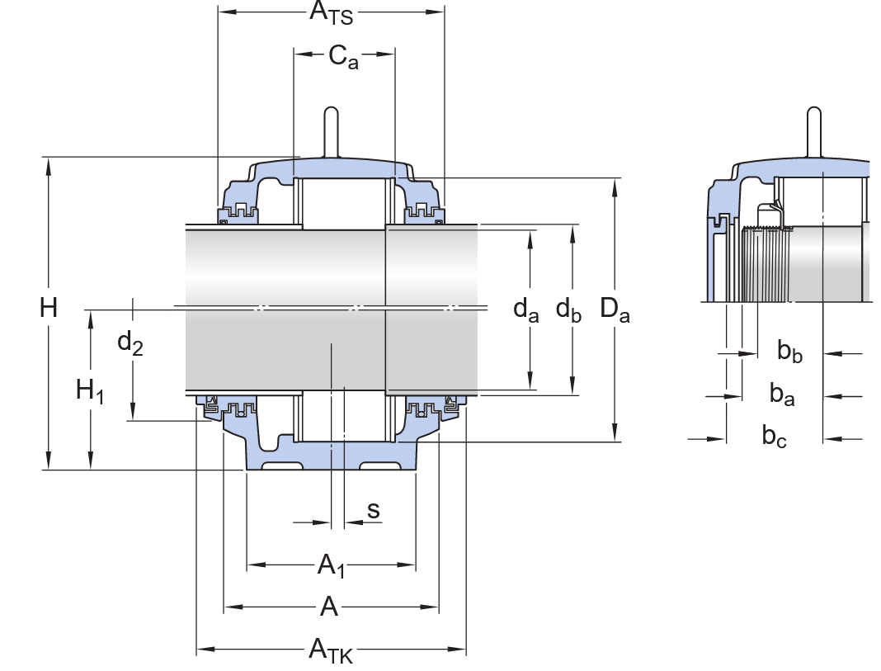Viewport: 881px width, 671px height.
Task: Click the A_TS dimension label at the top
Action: point(331,13)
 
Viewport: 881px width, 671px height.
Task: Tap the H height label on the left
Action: point(49,309)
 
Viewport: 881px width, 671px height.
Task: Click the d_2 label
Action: point(130,342)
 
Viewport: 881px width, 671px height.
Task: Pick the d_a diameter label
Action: point(525,309)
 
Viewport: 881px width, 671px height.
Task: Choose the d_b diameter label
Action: point(568,309)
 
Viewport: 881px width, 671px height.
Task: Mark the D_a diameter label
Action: point(615,309)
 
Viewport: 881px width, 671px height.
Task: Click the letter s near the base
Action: point(374,510)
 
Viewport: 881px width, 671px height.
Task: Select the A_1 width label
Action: point(331,565)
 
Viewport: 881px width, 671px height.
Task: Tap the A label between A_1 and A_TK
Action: point(329,607)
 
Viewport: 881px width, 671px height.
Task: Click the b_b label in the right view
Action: point(789,352)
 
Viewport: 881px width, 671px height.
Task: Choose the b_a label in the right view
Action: point(782,395)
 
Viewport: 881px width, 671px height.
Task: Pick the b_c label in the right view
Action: point(774,437)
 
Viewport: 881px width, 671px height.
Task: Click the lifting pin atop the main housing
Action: point(331,130)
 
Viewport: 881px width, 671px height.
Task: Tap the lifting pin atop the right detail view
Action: point(813,130)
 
